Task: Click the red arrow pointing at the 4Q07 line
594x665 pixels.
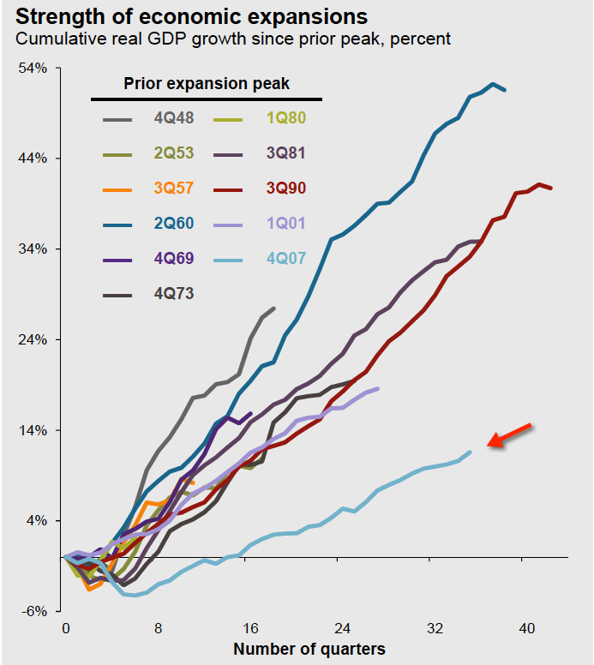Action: [509, 434]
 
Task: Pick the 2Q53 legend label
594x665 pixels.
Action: [174, 153]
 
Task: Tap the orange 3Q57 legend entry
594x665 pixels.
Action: [174, 189]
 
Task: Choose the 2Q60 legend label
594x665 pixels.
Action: [174, 224]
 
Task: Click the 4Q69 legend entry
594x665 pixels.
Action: [173, 259]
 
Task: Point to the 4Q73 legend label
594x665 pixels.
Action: [174, 293]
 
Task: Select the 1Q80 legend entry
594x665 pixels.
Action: [285, 118]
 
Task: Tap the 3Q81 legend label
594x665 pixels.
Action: [285, 153]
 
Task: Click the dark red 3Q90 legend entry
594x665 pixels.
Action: [285, 189]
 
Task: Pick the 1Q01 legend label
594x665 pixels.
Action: [285, 224]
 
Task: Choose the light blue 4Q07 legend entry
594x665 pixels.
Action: [285, 259]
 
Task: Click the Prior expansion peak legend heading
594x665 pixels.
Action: [207, 83]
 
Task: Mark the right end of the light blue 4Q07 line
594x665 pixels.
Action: [471, 452]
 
